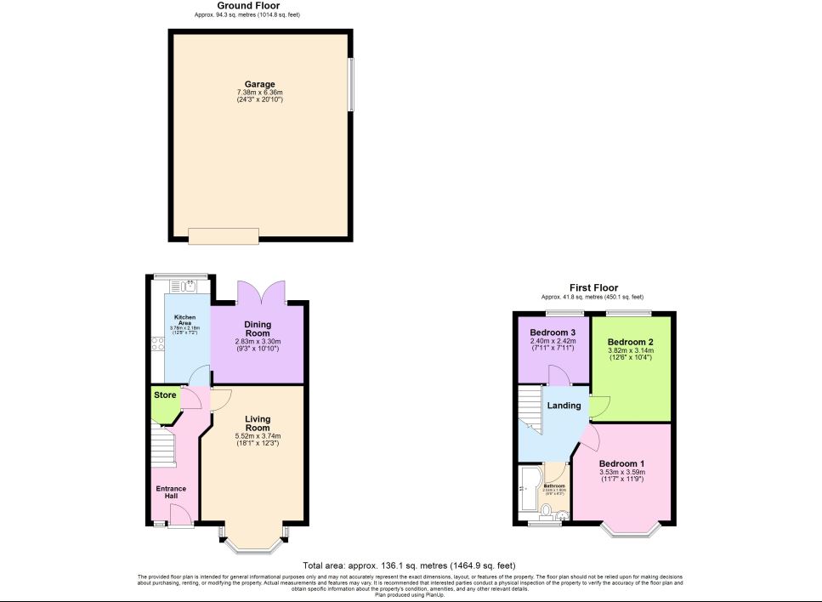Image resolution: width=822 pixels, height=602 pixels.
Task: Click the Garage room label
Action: [260, 84]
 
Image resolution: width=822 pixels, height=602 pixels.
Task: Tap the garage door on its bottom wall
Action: [224, 236]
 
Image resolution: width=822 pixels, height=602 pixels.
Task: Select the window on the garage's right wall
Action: [351, 84]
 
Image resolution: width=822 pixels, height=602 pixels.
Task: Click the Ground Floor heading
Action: [247, 6]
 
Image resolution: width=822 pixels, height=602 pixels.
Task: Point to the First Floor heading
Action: [594, 288]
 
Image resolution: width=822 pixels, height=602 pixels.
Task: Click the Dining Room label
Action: [258, 329]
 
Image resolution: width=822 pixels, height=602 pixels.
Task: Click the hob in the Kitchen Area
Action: [157, 344]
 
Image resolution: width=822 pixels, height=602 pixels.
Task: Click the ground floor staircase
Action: [161, 448]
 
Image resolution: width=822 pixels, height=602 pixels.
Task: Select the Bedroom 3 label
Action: [553, 332]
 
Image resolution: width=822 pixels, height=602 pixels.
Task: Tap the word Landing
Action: [564, 406]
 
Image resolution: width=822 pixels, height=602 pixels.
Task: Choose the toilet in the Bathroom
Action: [547, 510]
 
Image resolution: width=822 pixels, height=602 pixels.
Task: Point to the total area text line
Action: [409, 565]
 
